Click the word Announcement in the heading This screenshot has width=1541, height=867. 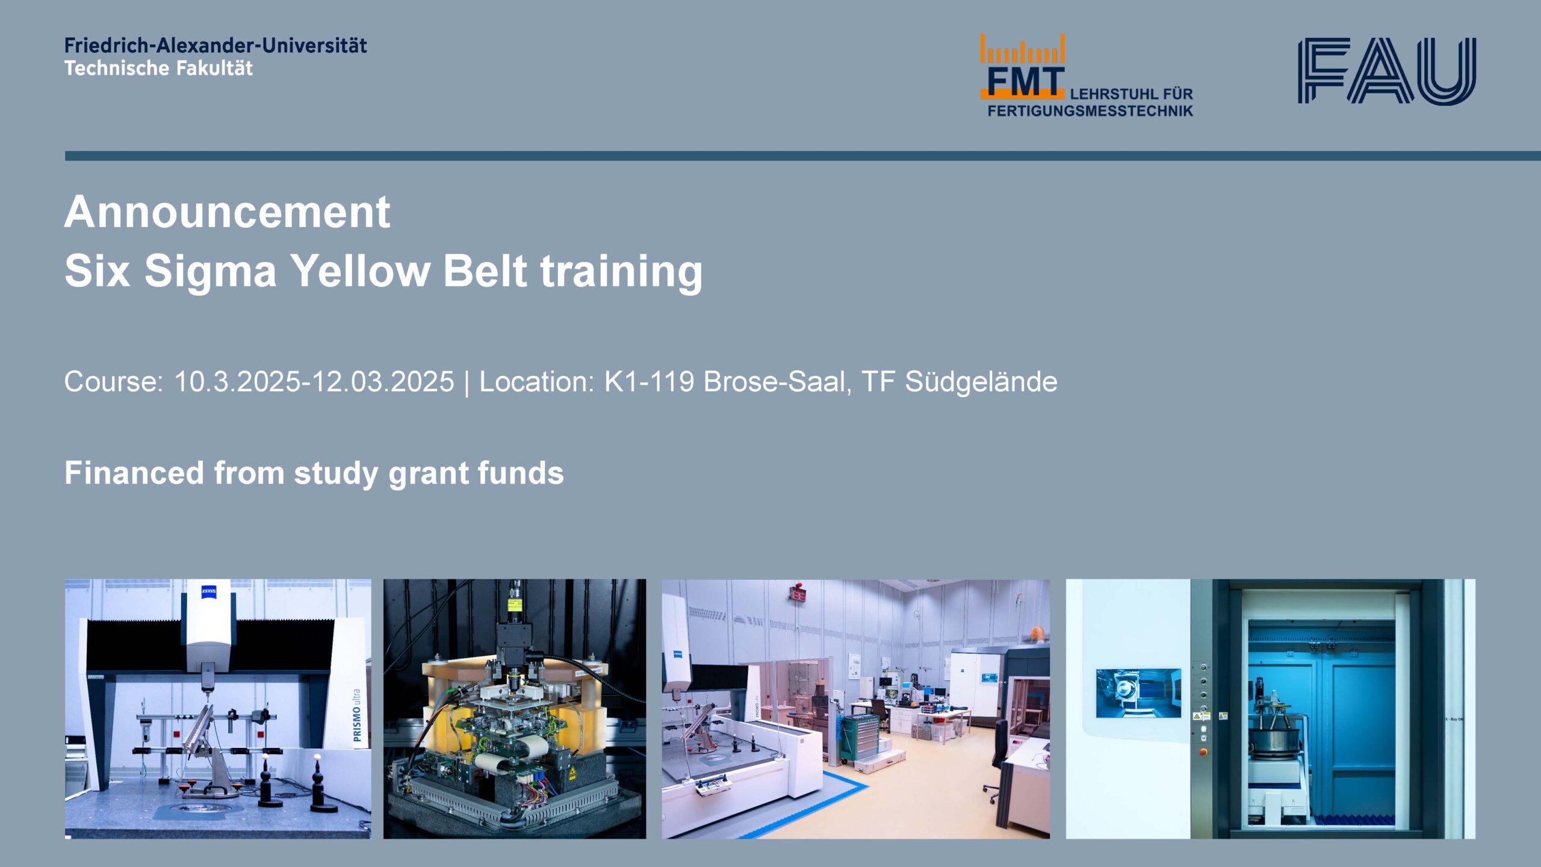(x=227, y=212)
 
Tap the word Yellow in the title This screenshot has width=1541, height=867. (x=360, y=270)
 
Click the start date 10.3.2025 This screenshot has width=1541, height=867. (x=237, y=382)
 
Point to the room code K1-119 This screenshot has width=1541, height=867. (x=649, y=382)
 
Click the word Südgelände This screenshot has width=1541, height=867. (x=981, y=382)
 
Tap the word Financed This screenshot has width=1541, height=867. (x=134, y=473)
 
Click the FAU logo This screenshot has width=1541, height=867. (x=1387, y=71)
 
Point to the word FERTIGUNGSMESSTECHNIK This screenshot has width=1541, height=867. (x=1090, y=111)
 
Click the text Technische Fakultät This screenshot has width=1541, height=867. (x=159, y=68)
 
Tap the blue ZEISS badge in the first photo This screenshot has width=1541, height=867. (x=209, y=592)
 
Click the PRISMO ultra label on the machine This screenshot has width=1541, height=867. (x=357, y=715)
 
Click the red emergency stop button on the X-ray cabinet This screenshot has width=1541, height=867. (x=1203, y=751)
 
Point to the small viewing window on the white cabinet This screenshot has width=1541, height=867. (x=1138, y=692)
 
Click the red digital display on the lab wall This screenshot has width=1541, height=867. (x=799, y=595)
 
